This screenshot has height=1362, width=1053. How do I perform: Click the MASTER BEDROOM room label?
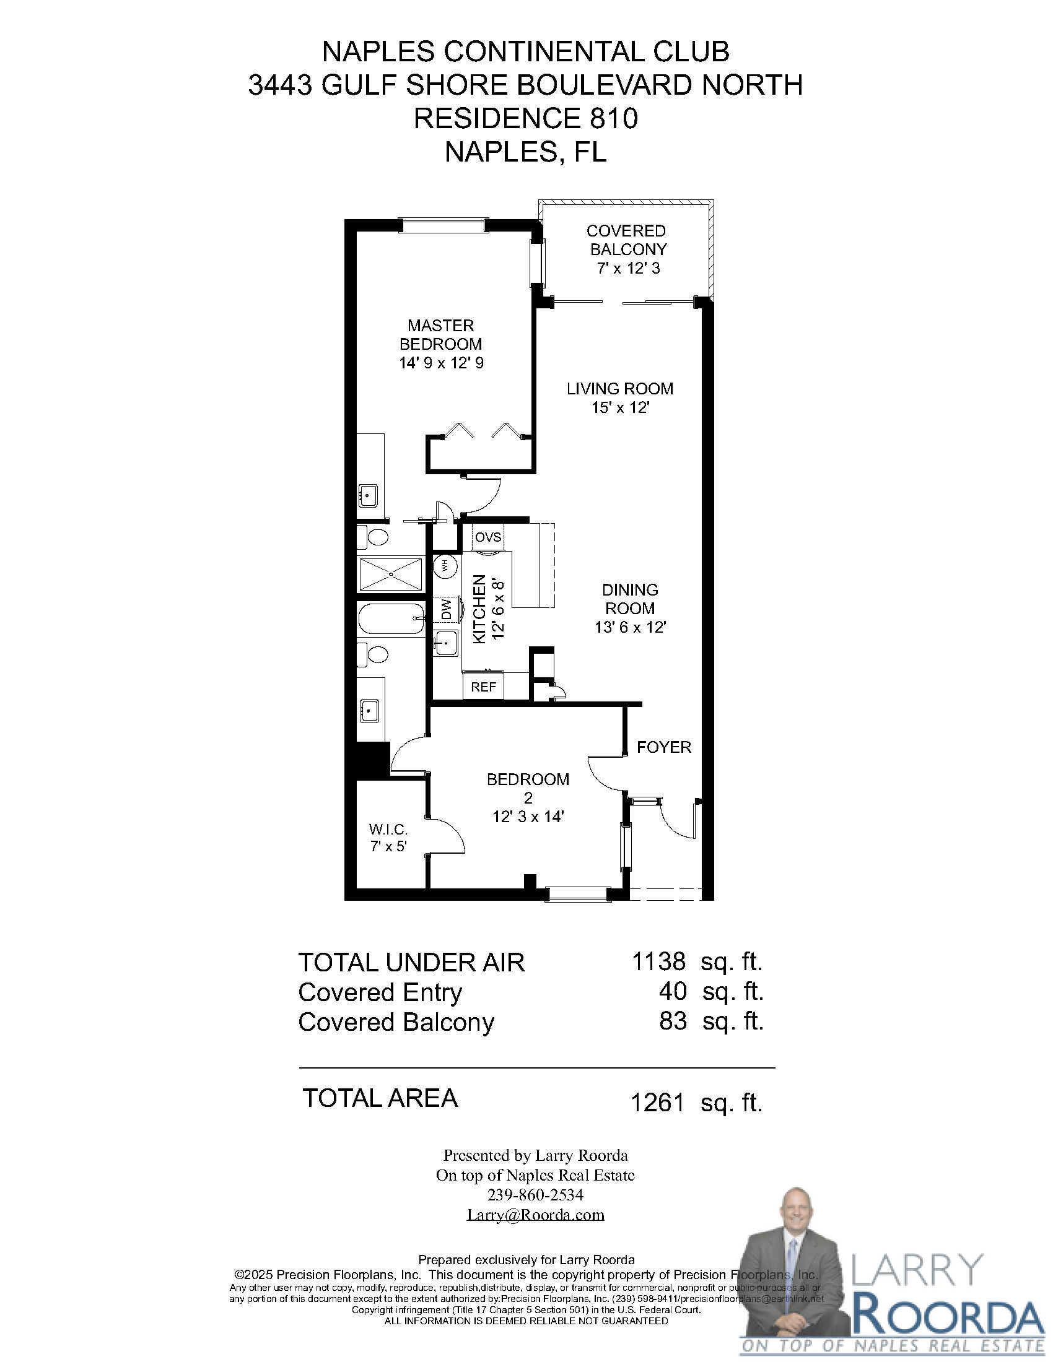tap(441, 334)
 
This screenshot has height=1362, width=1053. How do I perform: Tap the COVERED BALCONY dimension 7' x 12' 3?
tap(628, 268)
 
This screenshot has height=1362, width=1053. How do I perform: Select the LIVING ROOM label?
tap(619, 389)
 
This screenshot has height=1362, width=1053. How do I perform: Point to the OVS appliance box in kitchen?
tap(488, 537)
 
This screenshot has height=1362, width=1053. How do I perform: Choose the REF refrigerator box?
tap(484, 687)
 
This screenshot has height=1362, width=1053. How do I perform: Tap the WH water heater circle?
tap(445, 566)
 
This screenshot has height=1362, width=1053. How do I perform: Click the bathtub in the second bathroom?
tap(391, 618)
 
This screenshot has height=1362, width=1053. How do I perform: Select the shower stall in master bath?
tap(390, 573)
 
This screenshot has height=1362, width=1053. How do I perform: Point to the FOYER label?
tap(664, 747)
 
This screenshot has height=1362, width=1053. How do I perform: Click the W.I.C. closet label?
tap(388, 830)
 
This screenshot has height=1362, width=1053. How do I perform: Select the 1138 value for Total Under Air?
tap(659, 961)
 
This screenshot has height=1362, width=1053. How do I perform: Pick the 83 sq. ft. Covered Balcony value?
tap(673, 1021)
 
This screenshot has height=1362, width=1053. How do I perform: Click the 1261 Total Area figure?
tap(658, 1103)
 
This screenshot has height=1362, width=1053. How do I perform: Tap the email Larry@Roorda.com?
tap(535, 1214)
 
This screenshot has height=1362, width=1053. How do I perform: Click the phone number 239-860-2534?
tap(535, 1195)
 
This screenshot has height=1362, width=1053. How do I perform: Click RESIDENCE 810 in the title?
tap(526, 118)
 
